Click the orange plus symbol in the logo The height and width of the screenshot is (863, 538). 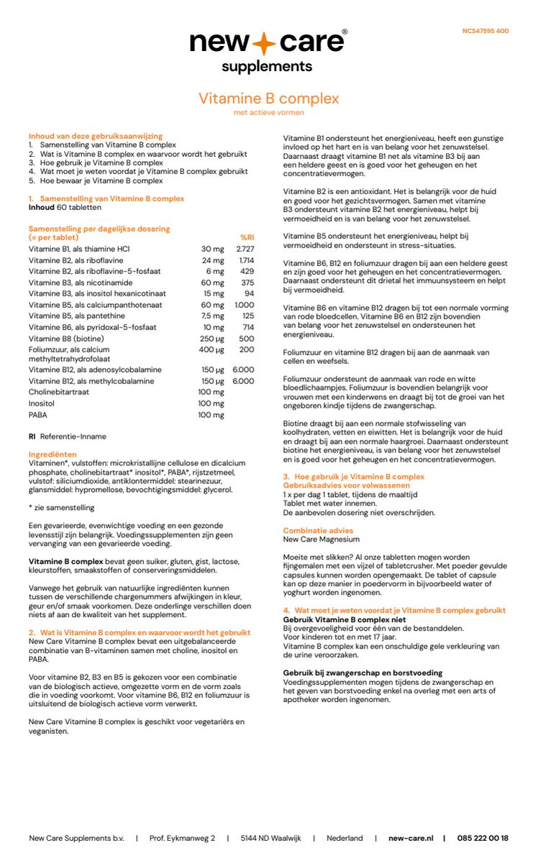(265, 44)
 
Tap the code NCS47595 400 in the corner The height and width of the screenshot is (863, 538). (485, 31)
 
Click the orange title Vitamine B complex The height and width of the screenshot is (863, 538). (268, 99)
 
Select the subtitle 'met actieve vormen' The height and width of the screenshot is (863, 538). (268, 113)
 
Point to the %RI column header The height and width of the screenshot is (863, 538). (247, 237)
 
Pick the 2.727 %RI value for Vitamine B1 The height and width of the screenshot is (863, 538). (245, 249)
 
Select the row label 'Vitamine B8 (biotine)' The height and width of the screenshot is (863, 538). (64, 338)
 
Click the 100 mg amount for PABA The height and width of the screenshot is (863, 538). (211, 415)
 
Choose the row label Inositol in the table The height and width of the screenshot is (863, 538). (41, 403)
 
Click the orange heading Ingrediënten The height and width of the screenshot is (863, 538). (53, 455)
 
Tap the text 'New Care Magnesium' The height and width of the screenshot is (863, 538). (321, 539)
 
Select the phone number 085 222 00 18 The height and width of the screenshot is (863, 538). (483, 838)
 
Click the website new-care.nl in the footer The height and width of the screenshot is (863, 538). (411, 838)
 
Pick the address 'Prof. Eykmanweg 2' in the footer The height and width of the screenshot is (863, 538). (182, 838)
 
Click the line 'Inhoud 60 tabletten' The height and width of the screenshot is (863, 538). (65, 207)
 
